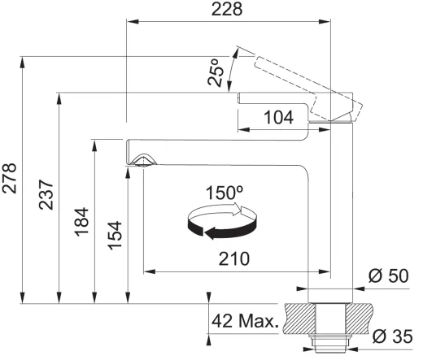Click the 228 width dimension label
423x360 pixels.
point(227,9)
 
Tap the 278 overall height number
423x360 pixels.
point(10,178)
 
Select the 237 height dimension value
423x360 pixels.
point(46,194)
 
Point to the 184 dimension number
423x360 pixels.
point(81,222)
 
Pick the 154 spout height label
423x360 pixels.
point(115,236)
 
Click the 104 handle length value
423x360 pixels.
point(278,118)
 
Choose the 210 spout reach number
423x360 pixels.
point(234,258)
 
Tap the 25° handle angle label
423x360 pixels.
point(216,72)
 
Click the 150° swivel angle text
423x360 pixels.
point(225,193)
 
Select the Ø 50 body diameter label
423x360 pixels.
point(388,276)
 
